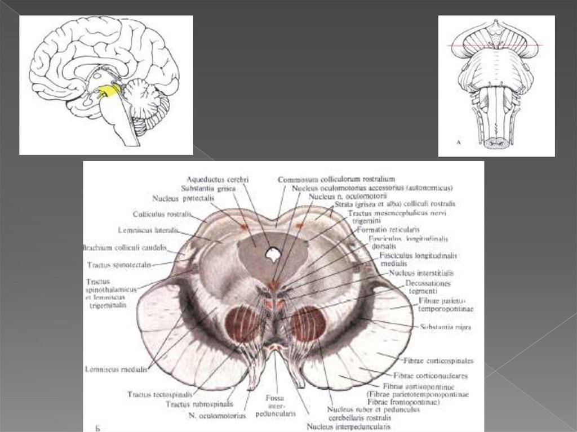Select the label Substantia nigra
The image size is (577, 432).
pos(446,327)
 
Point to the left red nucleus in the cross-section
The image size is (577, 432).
pos(243,323)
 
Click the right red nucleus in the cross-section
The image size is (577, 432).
pos(308,323)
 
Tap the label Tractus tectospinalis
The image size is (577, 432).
pos(160,394)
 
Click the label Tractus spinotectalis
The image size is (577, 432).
pos(119,264)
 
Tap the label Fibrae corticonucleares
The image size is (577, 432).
pos(430,375)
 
